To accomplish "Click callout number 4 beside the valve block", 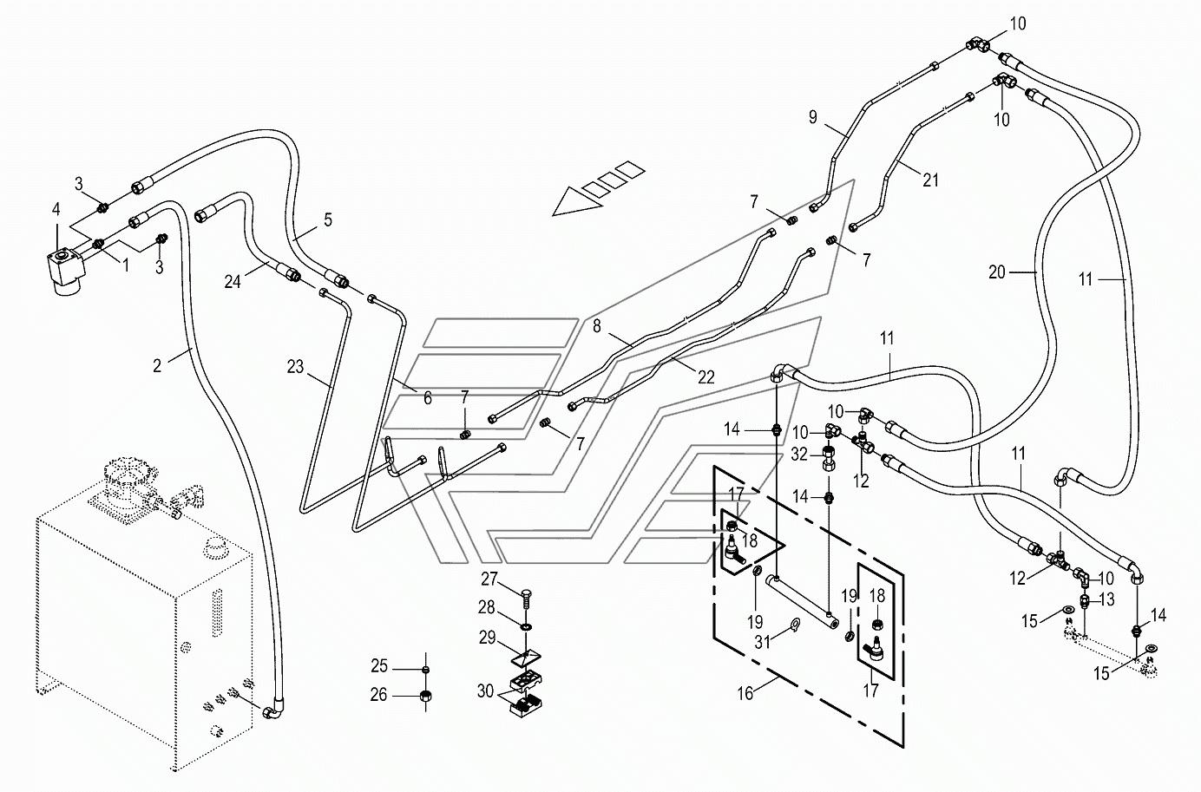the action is click(56, 210).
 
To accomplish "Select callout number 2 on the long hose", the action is click(156, 366).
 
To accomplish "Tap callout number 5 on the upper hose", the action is click(328, 219).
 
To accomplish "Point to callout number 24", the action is click(233, 282).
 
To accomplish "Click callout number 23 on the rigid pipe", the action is click(295, 367).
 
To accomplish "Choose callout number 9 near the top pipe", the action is click(813, 117).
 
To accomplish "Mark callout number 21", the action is click(931, 180).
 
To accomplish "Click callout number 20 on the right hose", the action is click(997, 272).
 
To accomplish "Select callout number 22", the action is click(706, 377).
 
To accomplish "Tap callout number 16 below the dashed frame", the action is click(745, 693).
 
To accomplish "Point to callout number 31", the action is click(763, 642).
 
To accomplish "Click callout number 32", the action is click(799, 455).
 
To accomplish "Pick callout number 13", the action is click(1107, 599).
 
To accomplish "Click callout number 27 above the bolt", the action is click(489, 579).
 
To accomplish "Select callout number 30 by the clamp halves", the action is click(485, 691).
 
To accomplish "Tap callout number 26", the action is click(378, 695).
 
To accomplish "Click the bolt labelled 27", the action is click(527, 597).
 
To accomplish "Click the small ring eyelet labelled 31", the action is click(794, 623).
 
